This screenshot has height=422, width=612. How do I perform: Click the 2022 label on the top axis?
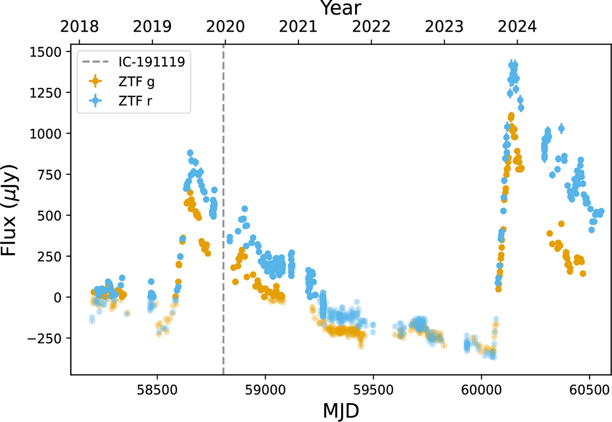coord(371,26)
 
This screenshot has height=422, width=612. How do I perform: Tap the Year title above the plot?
coord(341,8)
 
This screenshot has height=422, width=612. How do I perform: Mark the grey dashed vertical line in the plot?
coord(224,204)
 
